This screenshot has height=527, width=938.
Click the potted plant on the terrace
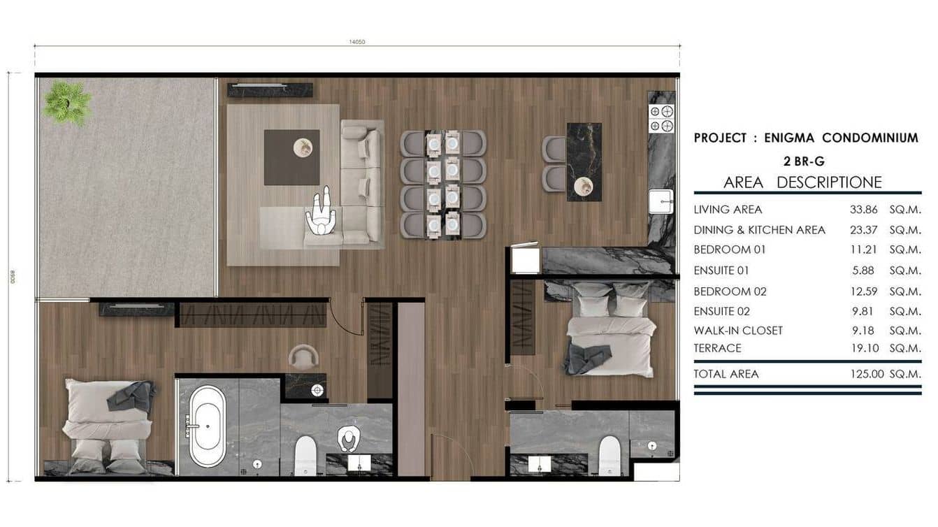point(67,103)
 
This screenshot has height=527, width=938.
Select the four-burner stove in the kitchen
point(661,118)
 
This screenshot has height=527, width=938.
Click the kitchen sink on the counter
point(660,201)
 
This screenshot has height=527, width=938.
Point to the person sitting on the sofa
point(322,212)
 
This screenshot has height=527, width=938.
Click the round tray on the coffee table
point(303,147)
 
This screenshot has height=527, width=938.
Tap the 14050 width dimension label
point(357,42)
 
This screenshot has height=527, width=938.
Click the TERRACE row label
point(717,348)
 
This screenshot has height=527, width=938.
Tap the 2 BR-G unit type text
point(804,161)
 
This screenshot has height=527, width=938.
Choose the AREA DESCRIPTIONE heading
point(802,183)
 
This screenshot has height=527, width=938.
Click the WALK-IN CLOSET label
point(738,331)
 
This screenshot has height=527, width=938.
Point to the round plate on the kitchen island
point(583,186)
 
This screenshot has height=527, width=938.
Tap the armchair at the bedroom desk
point(303,357)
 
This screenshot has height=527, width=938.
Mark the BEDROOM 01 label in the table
point(730,250)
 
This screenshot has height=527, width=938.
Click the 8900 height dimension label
point(12,277)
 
